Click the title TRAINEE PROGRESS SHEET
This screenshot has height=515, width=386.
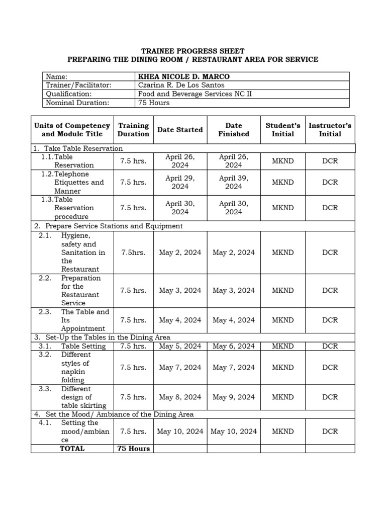tap(192, 51)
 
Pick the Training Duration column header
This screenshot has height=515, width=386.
tap(133, 130)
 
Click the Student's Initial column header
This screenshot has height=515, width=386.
tap(283, 130)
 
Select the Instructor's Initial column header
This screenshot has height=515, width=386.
tap(330, 130)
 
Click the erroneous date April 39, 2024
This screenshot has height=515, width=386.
tap(233, 182)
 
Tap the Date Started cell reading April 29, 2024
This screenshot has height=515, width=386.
tap(180, 182)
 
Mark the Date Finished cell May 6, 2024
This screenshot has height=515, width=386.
tap(233, 346)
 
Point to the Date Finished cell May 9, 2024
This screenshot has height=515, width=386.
tap(233, 397)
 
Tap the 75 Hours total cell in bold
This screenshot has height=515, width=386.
tap(133, 449)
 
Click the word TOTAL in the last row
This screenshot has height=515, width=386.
tap(72, 449)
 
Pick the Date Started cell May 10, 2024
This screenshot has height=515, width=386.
tap(180, 431)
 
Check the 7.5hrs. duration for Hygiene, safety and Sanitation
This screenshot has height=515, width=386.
tap(133, 252)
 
